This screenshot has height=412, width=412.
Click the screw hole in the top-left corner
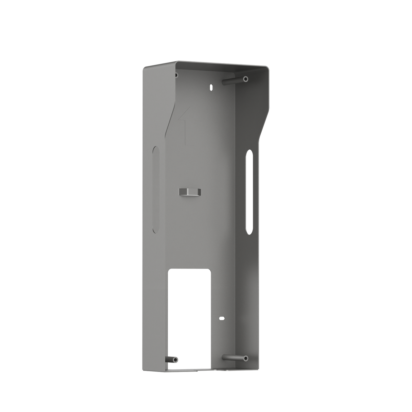(176, 75)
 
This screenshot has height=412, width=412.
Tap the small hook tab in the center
(190, 192)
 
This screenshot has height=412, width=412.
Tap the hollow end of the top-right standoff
(245, 79)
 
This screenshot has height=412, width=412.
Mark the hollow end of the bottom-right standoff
(245, 358)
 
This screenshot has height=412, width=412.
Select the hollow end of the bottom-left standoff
(175, 360)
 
